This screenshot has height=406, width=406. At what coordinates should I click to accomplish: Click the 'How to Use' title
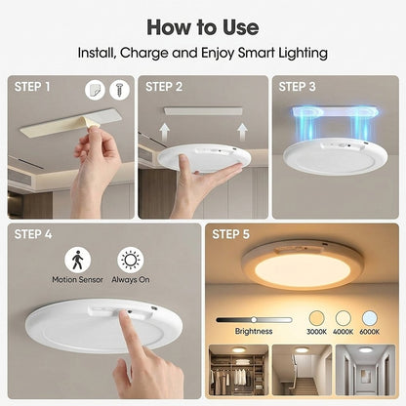point(203,25)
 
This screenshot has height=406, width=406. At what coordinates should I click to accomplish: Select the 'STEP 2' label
point(165,86)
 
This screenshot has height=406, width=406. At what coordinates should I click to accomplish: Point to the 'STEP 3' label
point(298,86)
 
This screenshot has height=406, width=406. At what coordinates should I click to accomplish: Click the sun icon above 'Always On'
point(129,260)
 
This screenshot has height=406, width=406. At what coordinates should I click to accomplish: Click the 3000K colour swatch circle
point(316,318)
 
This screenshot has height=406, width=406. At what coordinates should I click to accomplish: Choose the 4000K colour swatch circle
point(344,318)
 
